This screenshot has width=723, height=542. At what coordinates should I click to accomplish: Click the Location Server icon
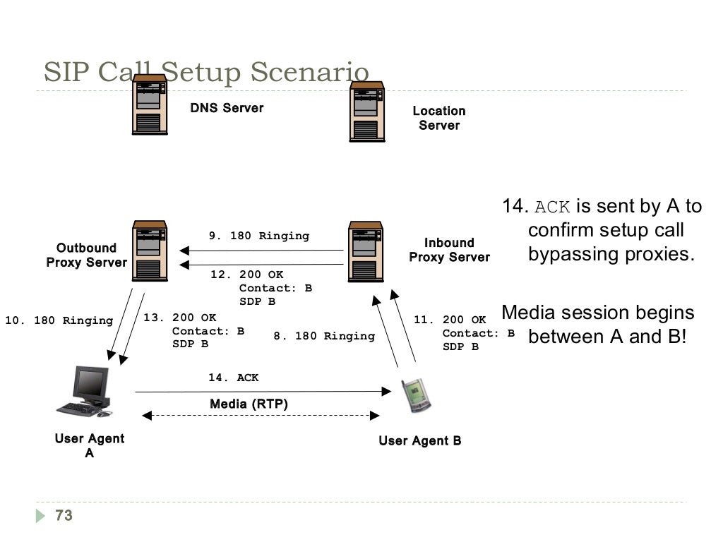pyautogui.click(x=367, y=112)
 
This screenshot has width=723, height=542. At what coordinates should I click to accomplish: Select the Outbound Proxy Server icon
pyautogui.click(x=150, y=251)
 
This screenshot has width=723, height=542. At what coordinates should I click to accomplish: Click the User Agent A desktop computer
pyautogui.click(x=85, y=392)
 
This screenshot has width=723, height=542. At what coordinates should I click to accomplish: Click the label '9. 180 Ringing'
pyautogui.click(x=258, y=236)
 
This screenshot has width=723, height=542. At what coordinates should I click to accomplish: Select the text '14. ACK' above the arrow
pyautogui.click(x=233, y=378)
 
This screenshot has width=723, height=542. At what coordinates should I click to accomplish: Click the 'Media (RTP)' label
pyautogui.click(x=249, y=404)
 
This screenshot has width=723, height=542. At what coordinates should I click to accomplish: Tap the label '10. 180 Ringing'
pyautogui.click(x=59, y=320)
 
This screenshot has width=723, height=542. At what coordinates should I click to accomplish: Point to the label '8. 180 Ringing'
pyautogui.click(x=324, y=336)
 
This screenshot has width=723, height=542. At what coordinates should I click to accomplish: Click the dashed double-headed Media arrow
pyautogui.click(x=261, y=416)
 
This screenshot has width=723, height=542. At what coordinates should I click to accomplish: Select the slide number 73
pyautogui.click(x=64, y=516)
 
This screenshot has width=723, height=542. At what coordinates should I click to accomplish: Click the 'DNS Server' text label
pyautogui.click(x=227, y=108)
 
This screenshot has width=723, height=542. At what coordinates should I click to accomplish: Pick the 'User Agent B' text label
pyautogui.click(x=419, y=441)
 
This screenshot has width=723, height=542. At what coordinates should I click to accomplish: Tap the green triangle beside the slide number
pyautogui.click(x=40, y=516)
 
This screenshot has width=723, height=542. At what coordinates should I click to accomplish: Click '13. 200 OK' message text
pyautogui.click(x=180, y=318)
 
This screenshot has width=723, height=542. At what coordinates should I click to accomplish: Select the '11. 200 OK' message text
pyautogui.click(x=450, y=320)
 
